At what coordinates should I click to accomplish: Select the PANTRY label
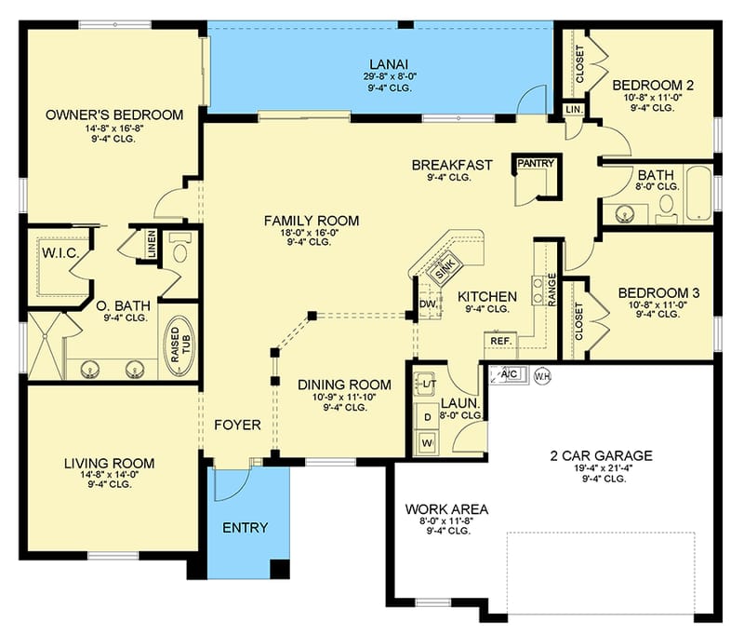click(536, 164)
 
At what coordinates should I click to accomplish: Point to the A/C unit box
click(510, 374)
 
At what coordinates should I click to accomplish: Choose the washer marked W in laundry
click(428, 441)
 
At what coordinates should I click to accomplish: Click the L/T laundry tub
click(429, 384)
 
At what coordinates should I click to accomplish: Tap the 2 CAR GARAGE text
click(600, 455)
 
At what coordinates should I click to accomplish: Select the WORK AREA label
click(445, 509)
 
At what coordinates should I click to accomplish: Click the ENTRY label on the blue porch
click(246, 528)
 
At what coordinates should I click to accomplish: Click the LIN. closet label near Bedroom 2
click(575, 110)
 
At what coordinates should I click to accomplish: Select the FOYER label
click(237, 426)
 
